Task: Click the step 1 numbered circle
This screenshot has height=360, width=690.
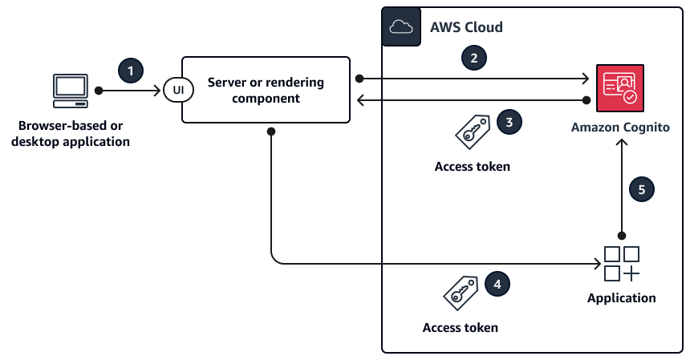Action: click(x=132, y=71)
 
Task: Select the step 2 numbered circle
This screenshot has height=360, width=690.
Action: click(x=474, y=58)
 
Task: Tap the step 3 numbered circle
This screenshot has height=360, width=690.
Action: click(x=509, y=122)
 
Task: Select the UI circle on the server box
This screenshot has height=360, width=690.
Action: click(x=177, y=90)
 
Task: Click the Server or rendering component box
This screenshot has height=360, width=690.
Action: click(x=266, y=90)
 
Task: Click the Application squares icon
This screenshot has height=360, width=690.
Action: click(x=621, y=264)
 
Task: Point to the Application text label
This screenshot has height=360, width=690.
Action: click(x=621, y=298)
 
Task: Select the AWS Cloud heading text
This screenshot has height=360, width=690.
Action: click(x=466, y=27)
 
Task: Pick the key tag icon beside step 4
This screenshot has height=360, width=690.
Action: click(x=461, y=292)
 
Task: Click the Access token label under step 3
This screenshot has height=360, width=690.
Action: click(x=472, y=167)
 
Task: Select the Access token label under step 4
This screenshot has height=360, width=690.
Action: click(x=461, y=327)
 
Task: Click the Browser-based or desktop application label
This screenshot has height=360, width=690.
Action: click(x=71, y=134)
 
